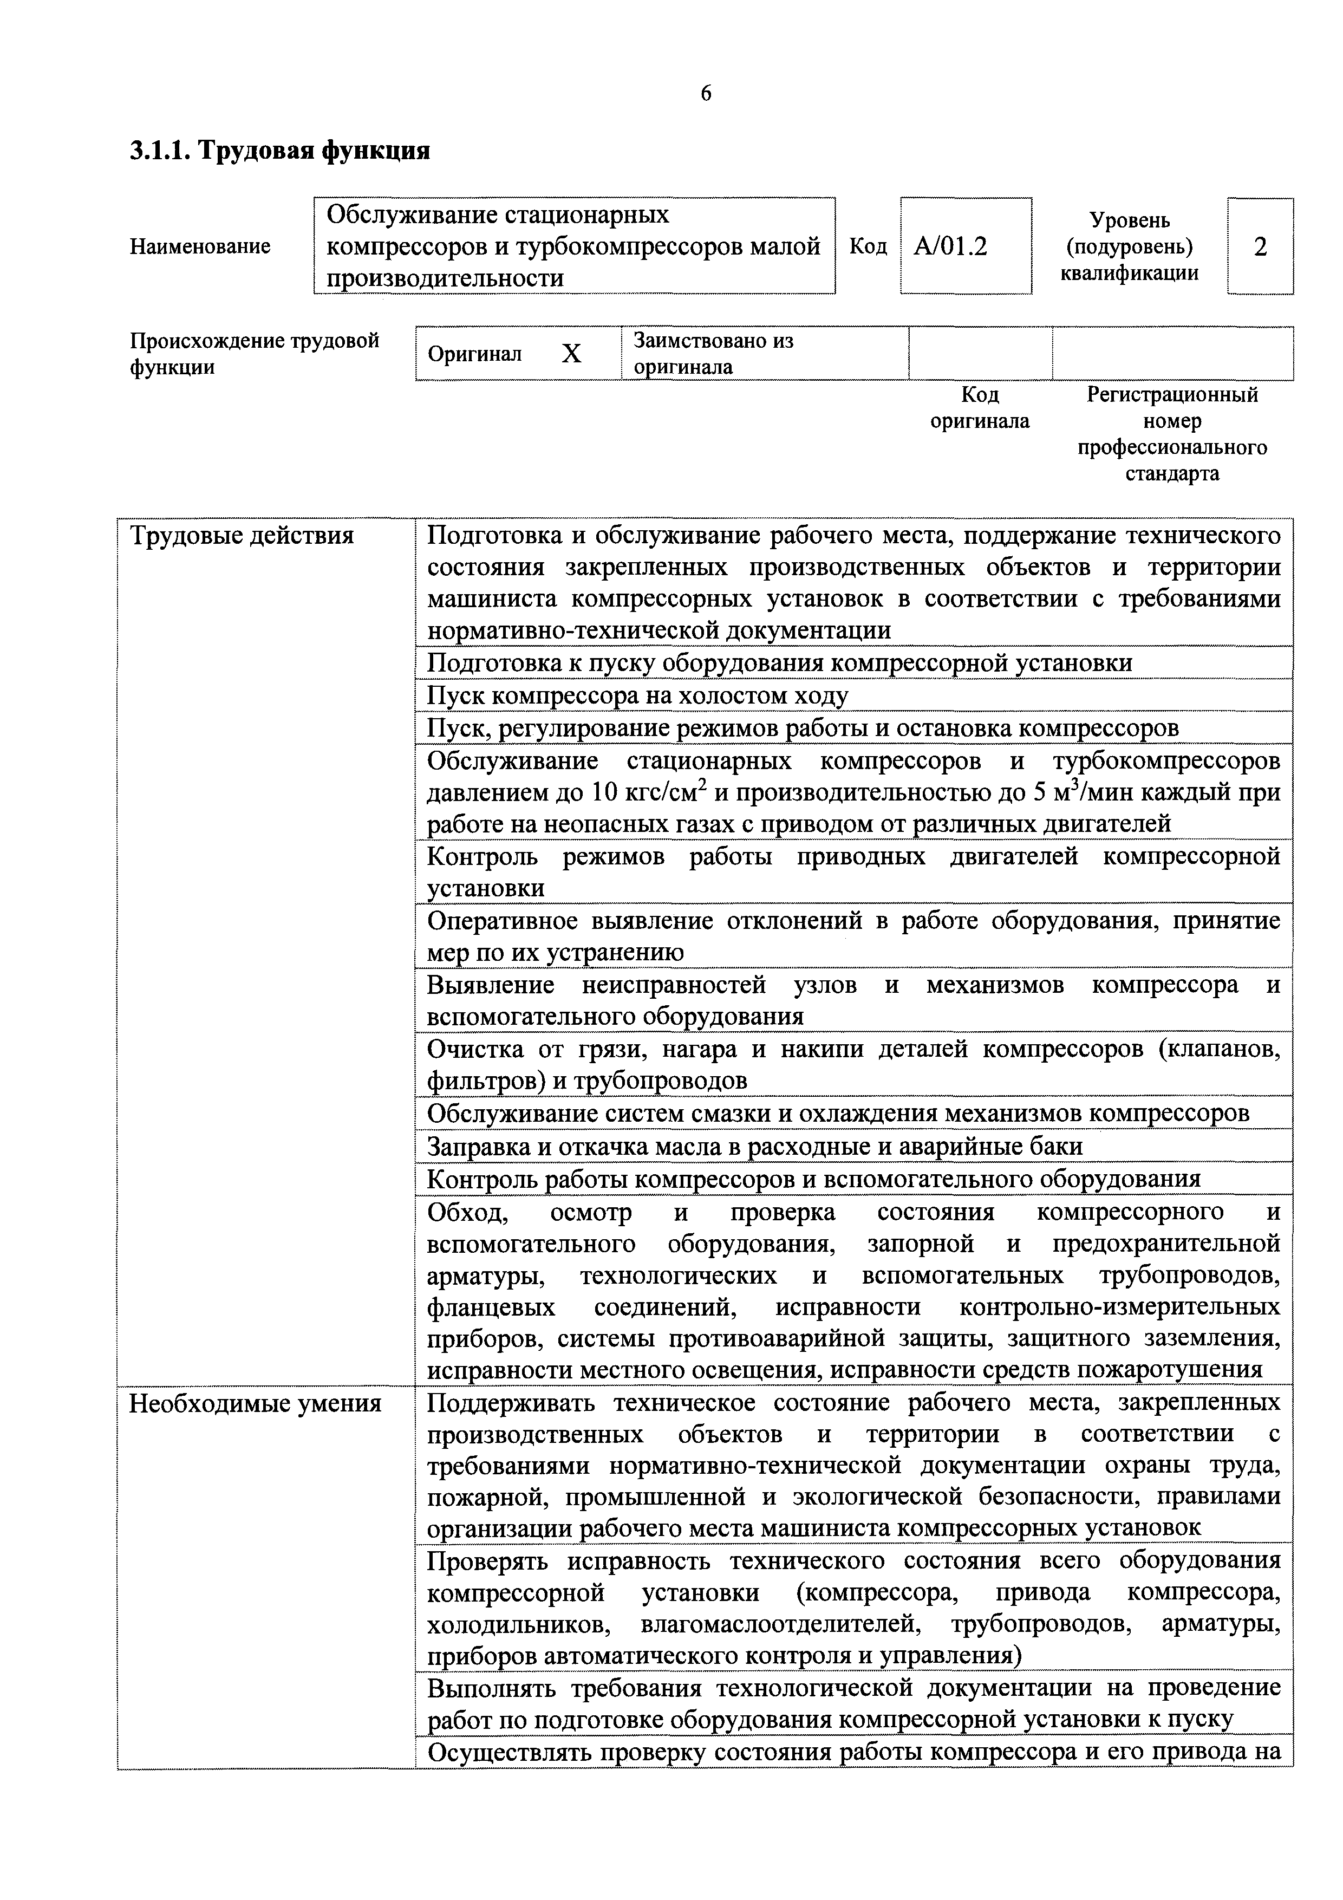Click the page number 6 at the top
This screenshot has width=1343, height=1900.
point(705,94)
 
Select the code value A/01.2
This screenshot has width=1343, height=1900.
point(950,246)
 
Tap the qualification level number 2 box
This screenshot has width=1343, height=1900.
point(1260,246)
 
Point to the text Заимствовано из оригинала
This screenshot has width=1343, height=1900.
point(713,353)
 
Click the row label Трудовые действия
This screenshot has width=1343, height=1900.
point(241,536)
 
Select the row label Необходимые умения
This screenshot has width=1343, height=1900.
point(255,1403)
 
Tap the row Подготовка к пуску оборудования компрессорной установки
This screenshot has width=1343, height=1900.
point(779,663)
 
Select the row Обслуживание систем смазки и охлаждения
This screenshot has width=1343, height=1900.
point(837,1114)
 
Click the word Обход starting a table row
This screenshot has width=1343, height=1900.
point(464,1212)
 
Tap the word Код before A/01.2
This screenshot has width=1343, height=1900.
point(868,246)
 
